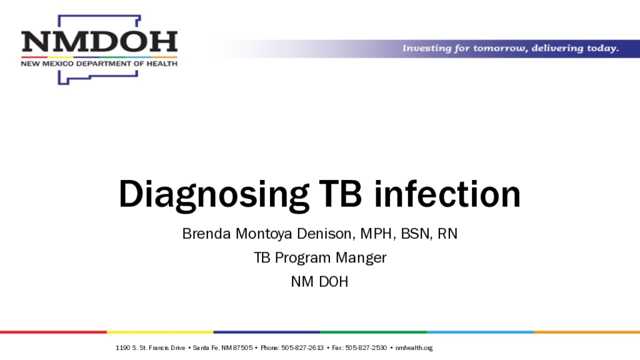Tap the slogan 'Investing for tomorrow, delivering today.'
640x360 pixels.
tap(511, 48)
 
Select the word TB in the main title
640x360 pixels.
tap(340, 194)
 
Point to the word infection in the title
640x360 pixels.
tap(447, 194)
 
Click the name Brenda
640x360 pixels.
tap(206, 234)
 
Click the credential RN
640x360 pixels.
tap(447, 234)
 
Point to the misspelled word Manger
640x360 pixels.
tap(361, 258)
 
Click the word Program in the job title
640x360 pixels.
tap(303, 258)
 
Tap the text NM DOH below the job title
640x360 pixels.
tap(319, 282)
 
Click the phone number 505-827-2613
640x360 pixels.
tap(302, 347)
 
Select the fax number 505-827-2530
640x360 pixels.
tap(366, 347)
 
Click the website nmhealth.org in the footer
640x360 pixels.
tap(414, 347)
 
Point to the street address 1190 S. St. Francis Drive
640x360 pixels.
tap(150, 347)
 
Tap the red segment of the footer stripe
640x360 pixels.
tap(54, 332)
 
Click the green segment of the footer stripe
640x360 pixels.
tap(374, 332)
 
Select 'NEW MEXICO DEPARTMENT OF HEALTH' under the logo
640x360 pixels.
tap(99, 64)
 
